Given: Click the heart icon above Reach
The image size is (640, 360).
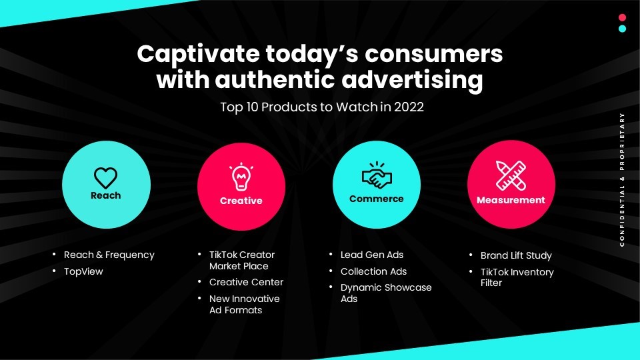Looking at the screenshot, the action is tap(106, 178).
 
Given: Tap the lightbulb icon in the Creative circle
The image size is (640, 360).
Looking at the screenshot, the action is tap(241, 176).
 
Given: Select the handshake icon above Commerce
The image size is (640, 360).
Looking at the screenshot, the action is tap(377, 175).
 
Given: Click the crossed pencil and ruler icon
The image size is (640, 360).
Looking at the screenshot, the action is tap(511, 175).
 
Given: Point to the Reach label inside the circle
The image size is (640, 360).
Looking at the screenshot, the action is tap(106, 195).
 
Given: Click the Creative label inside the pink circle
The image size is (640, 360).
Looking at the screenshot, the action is tap(241, 201).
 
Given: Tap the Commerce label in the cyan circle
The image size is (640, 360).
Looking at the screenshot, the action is tap(376, 199).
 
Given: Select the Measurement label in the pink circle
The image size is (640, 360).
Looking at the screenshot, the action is tap(511, 200).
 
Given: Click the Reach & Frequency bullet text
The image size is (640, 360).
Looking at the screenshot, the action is tap(109, 255).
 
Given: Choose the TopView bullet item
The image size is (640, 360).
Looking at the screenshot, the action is tap(84, 271).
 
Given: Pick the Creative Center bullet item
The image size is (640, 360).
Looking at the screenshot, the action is tap(246, 282).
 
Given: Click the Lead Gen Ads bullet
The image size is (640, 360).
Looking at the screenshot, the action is tap(372, 255).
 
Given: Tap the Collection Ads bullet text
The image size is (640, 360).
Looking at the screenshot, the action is tap(373, 271).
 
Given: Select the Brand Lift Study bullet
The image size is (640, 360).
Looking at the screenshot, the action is tap(516, 255).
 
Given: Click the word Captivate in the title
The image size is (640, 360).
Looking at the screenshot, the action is tap(199, 55).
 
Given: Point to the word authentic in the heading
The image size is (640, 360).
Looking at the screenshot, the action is tap(275, 79).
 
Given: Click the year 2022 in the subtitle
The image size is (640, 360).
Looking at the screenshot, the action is tap(409, 107).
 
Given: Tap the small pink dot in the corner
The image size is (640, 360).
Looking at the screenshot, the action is tap(623, 17).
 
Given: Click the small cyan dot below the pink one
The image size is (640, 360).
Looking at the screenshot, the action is tap(623, 29).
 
